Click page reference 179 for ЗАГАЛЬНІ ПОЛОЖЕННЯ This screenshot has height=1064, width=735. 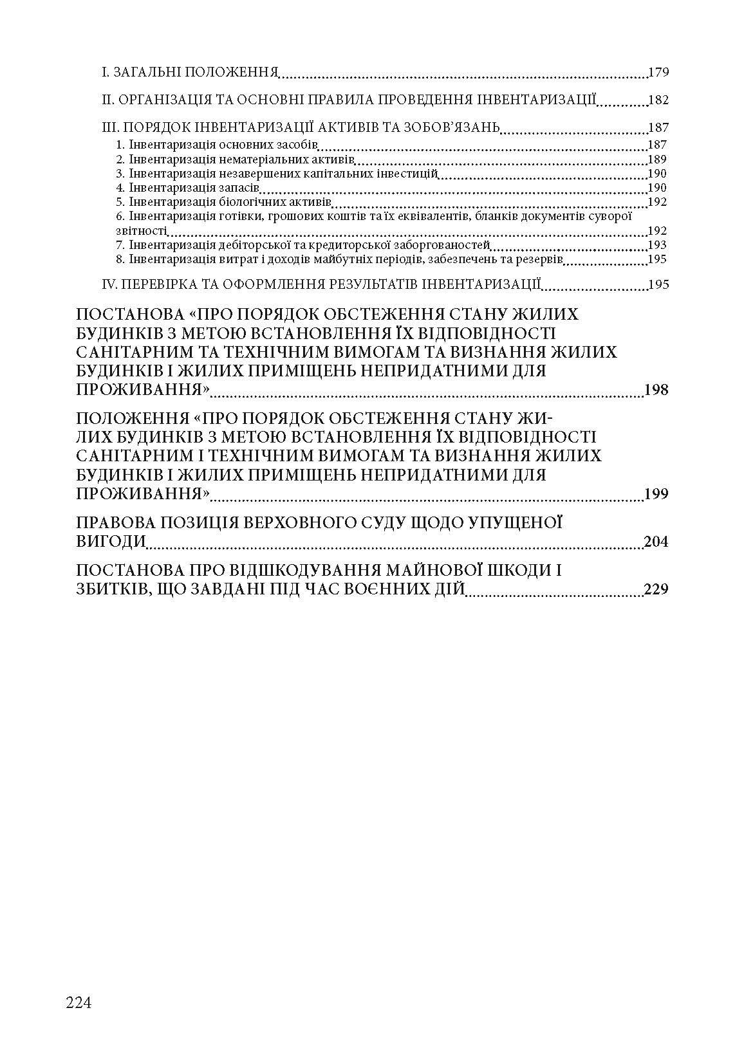[x=658, y=72]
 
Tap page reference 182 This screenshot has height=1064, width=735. [x=658, y=100]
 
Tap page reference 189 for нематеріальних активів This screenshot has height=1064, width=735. [x=658, y=159]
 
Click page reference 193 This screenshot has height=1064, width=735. [x=658, y=245]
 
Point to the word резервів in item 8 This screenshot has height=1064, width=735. [x=543, y=259]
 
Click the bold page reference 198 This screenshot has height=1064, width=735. [x=656, y=390]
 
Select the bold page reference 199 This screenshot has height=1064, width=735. [x=656, y=494]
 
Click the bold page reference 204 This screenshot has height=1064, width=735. [x=656, y=542]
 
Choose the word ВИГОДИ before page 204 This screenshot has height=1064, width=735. [x=110, y=542]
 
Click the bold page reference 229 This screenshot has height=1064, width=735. [x=656, y=589]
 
